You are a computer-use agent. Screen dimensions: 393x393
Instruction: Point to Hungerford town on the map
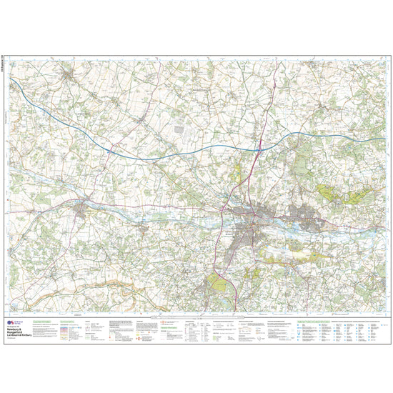[85, 209]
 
